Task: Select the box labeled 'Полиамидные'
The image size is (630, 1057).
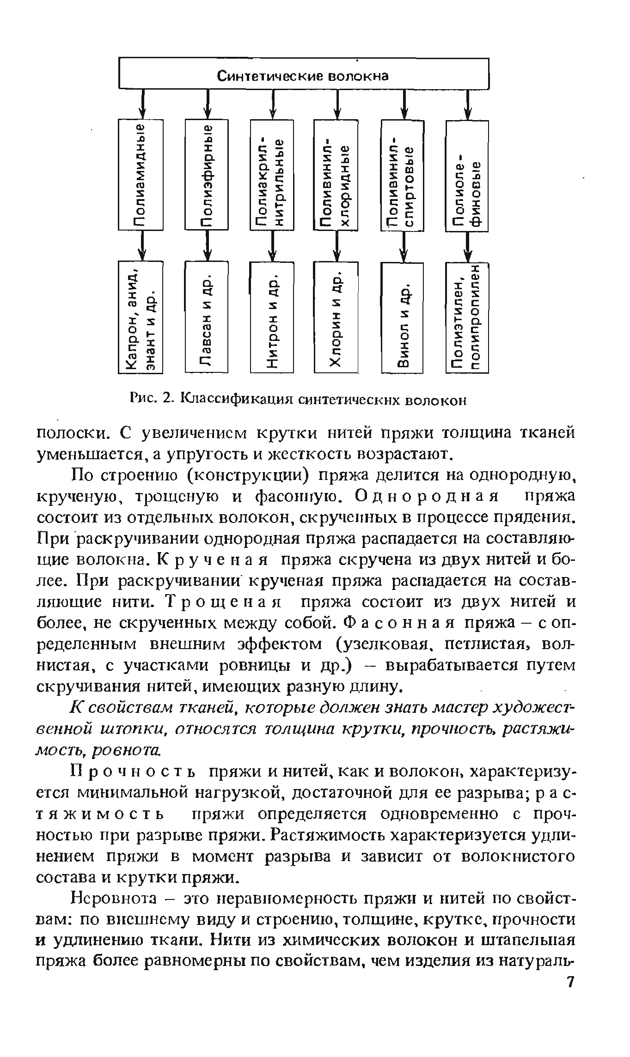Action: point(141,174)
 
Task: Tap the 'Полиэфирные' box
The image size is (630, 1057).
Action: point(207,174)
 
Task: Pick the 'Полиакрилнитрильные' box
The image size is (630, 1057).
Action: point(272,175)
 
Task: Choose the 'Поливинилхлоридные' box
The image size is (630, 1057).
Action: point(336,175)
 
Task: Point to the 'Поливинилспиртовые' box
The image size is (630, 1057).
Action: point(403,175)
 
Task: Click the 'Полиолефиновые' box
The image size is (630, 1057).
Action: point(467,176)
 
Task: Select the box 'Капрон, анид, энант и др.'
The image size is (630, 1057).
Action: point(141,316)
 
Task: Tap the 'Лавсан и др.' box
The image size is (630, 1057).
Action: point(207,316)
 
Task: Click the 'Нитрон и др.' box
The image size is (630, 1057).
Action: point(272,317)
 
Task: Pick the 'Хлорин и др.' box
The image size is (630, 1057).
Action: point(336,317)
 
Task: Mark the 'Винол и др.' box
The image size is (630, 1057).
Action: point(403,317)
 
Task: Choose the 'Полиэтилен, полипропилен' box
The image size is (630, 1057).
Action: point(467,317)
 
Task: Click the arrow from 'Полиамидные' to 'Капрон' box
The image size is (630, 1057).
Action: point(142,245)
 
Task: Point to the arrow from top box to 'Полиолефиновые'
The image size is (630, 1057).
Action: point(470,104)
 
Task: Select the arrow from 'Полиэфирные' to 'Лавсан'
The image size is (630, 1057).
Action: point(208,245)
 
